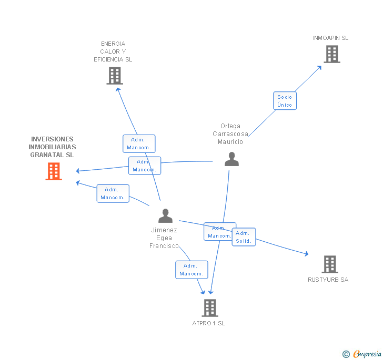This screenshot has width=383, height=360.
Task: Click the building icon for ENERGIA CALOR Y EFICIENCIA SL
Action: point(115,76)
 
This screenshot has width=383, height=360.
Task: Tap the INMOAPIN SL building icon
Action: point(332,54)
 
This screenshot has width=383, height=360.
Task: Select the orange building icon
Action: point(54,171)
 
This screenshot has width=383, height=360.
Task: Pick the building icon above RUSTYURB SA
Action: point(330,264)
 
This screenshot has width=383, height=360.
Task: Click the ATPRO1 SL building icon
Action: point(209,307)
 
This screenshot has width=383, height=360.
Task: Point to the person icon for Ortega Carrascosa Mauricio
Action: point(231,159)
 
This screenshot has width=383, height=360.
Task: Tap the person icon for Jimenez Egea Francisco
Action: point(165,216)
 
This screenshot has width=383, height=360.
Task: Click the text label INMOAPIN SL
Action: point(330,38)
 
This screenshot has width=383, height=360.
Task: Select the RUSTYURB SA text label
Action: point(328,280)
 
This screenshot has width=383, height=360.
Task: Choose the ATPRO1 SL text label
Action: point(208,323)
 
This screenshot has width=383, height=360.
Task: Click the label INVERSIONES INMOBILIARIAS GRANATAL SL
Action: point(52,147)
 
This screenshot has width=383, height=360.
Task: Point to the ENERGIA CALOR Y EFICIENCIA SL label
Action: point(113,52)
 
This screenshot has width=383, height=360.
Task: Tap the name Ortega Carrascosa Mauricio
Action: point(230,134)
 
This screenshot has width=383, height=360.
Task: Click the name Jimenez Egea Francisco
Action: point(164,238)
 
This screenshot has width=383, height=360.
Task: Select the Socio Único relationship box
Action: point(285,100)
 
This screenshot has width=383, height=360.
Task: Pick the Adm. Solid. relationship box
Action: point(243,237)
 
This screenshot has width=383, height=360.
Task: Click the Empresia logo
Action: point(367,354)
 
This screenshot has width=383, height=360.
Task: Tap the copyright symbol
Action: point(346,354)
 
